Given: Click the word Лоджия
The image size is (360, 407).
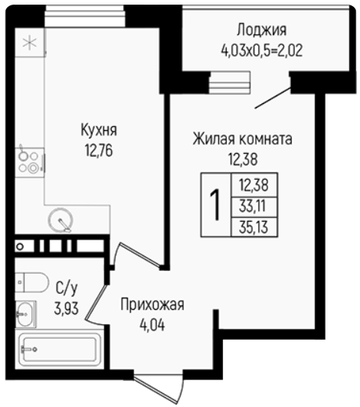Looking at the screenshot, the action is (x=261, y=30).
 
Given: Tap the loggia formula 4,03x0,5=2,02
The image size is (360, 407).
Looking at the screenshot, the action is (x=262, y=50).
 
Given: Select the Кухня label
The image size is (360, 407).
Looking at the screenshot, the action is (x=99, y=130).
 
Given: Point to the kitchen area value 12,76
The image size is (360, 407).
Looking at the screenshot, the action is (x=99, y=150).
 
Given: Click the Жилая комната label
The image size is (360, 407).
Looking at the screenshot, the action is (x=242, y=139).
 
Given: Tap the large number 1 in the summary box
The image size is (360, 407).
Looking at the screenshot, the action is (x=215, y=204).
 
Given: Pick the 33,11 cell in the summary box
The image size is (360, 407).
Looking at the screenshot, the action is (x=253, y=207).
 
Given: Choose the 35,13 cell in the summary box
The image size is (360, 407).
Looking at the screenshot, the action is (x=254, y=227).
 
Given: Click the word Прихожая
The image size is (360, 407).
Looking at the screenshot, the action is (x=152, y=304).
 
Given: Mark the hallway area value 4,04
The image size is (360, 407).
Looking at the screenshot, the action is (x=152, y=324).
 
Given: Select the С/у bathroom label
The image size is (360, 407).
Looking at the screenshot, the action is (x=67, y=288).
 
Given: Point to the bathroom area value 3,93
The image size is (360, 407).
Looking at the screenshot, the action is (x=67, y=308).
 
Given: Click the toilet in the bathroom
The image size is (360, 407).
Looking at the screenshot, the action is (x=31, y=282).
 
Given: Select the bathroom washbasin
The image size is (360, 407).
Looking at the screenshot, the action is (x=25, y=314).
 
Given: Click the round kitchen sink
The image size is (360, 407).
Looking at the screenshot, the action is (x=61, y=220).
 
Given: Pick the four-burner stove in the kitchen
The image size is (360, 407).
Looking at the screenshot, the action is (x=29, y=162).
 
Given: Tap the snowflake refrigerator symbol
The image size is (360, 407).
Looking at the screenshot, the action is (x=30, y=43).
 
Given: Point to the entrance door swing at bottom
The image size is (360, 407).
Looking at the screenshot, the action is (x=159, y=389).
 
